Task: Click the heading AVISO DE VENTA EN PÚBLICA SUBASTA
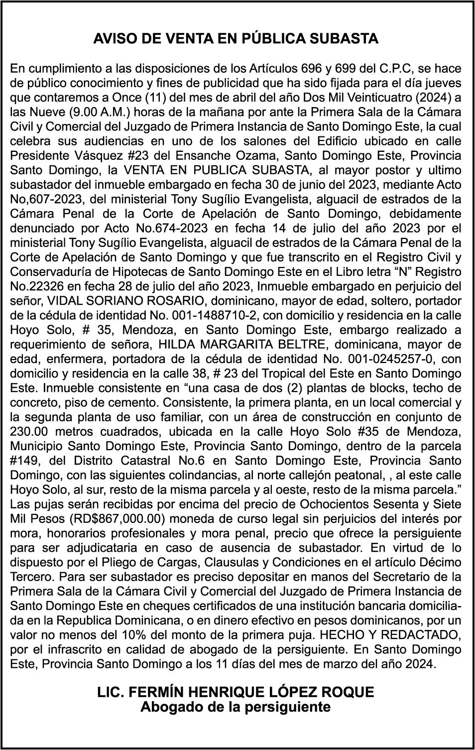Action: (236, 38)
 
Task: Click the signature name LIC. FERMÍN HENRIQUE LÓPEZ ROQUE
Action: (236, 692)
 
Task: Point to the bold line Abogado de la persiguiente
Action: (236, 707)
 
